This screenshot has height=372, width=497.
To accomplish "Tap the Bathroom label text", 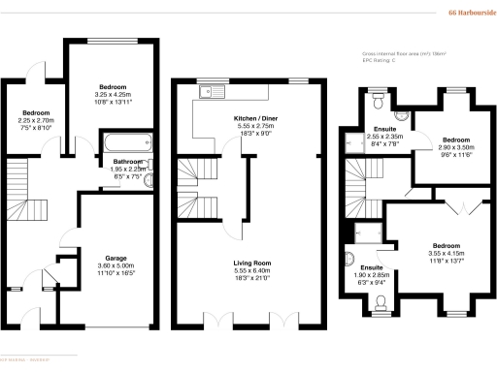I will pyautogui.click(x=129, y=161).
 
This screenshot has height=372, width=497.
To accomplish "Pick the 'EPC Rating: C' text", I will pyautogui.click(x=376, y=63).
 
